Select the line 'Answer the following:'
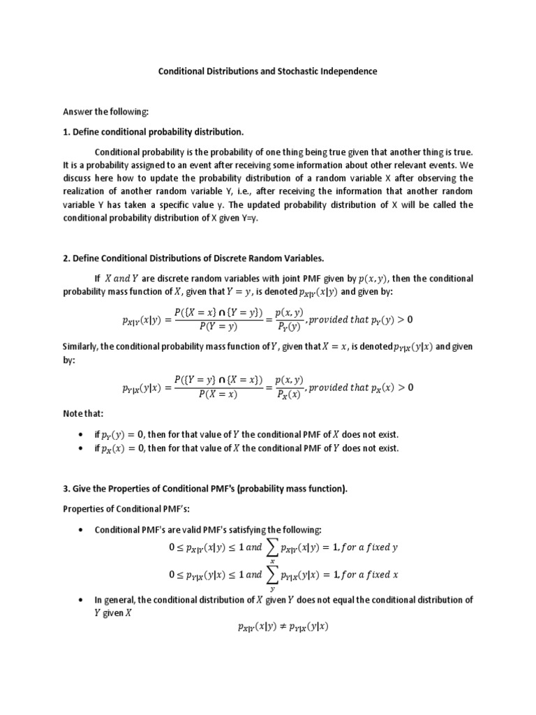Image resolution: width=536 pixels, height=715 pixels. point(105,112)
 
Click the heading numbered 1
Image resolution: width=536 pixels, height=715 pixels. point(154,132)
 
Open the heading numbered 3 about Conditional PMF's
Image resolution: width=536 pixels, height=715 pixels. point(205,489)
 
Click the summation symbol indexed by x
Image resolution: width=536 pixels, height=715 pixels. point(272,549)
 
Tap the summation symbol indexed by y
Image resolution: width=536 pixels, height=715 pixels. point(272,576)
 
